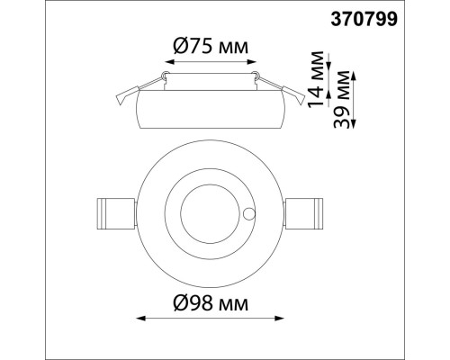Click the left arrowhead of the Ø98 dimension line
click(x=138, y=317)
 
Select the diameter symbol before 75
click(x=179, y=47)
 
